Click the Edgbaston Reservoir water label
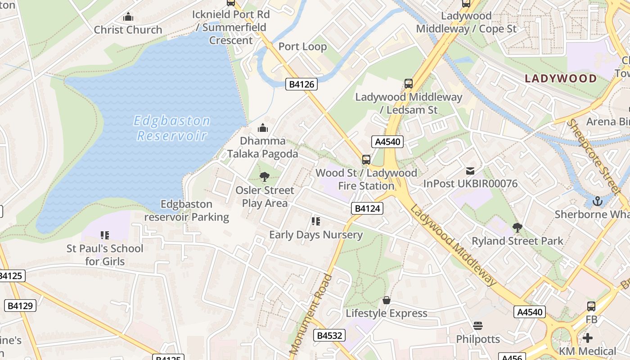click(172, 128)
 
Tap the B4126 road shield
click(301, 84)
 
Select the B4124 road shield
click(367, 208)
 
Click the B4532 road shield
click(329, 335)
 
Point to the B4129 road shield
click(20, 306)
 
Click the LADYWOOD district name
click(561, 78)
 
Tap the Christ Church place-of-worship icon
click(128, 18)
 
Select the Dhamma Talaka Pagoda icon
click(263, 128)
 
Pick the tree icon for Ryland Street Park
click(517, 228)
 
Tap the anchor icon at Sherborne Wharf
click(597, 201)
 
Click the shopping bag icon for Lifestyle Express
click(386, 300)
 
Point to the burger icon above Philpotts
click(478, 325)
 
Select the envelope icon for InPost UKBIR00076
click(470, 171)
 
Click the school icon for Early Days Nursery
click(315, 221)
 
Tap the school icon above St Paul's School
click(105, 235)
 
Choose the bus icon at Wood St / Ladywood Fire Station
click(366, 160)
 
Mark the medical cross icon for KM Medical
click(588, 337)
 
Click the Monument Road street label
click(310, 313)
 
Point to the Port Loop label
click(302, 47)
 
